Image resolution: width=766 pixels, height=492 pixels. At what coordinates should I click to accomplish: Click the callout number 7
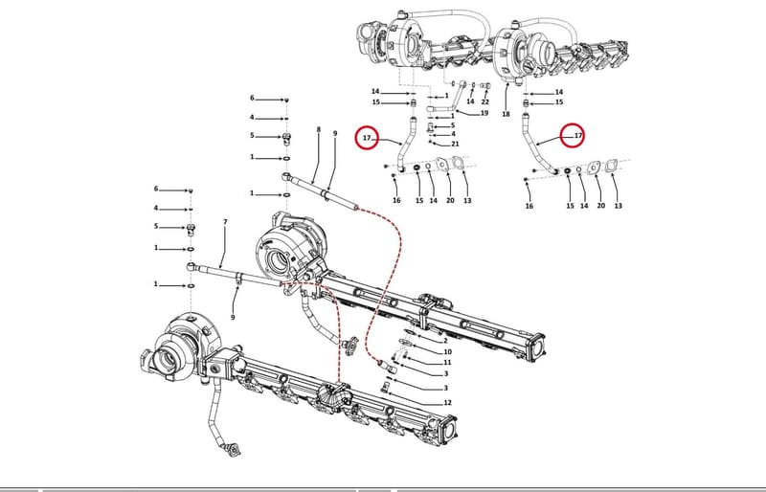(225, 222)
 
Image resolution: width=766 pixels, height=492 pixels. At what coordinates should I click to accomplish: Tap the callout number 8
(319, 129)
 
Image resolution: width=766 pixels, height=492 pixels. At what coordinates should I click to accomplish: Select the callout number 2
(445, 341)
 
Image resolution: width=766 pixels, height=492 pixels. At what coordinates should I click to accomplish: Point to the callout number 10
(447, 352)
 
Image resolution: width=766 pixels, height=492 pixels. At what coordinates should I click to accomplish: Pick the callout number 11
(447, 363)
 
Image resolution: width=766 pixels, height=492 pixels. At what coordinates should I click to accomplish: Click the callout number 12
(447, 403)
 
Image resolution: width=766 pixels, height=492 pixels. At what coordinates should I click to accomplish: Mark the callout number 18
(506, 114)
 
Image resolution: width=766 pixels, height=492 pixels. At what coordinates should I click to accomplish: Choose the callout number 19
(484, 113)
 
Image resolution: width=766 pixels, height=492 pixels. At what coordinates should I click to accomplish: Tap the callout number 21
(456, 144)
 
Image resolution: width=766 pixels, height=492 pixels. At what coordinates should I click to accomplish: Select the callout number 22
(484, 101)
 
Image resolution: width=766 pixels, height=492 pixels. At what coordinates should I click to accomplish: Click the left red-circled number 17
(367, 138)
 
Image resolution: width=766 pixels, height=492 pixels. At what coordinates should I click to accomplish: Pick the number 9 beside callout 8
(335, 133)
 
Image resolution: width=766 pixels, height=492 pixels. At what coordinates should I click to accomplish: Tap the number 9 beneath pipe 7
(233, 317)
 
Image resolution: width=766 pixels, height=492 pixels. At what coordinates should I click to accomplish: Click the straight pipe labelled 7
(235, 273)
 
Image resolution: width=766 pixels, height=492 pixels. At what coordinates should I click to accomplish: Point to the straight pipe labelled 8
(320, 191)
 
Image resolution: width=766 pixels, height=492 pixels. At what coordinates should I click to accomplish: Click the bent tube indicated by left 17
(405, 145)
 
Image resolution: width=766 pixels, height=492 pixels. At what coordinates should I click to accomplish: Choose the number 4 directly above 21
(453, 133)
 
